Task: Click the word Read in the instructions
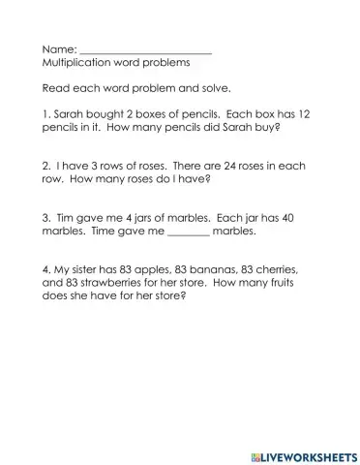(55, 88)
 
